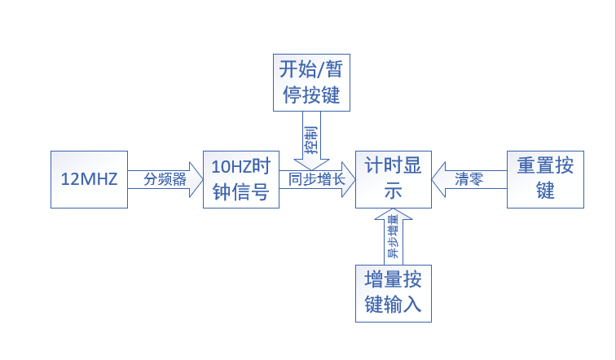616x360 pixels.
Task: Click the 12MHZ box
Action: pos(89,179)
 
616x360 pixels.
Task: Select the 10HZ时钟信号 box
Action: pos(240,179)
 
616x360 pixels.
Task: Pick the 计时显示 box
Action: pos(393,179)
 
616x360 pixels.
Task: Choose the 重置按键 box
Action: pos(545,178)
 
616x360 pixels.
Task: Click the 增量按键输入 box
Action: pos(393,293)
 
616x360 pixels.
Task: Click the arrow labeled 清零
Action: pos(469,179)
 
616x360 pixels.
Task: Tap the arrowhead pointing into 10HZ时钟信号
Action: pos(196,179)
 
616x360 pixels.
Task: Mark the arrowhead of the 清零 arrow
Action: pos(438,179)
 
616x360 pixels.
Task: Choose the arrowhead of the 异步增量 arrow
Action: pos(393,213)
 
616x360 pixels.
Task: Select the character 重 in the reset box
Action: pos(526,165)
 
